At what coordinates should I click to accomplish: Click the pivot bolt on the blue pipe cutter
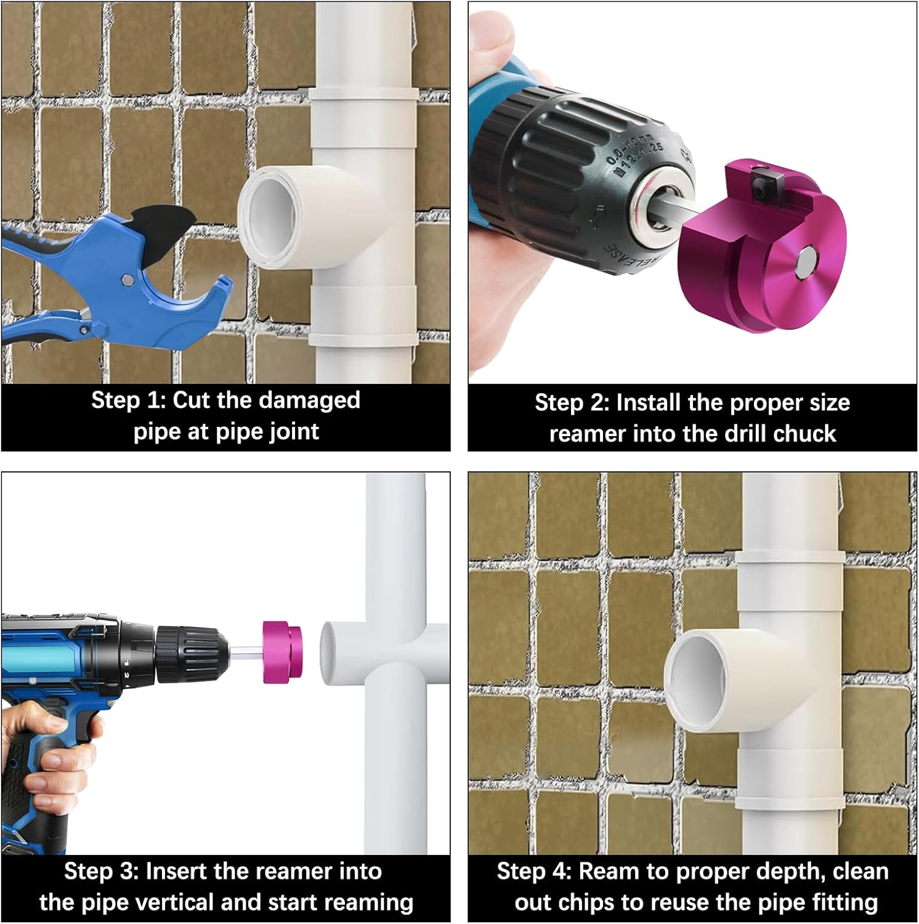pyautogui.click(x=128, y=280)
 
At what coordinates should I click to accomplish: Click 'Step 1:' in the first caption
pyautogui.click(x=128, y=400)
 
